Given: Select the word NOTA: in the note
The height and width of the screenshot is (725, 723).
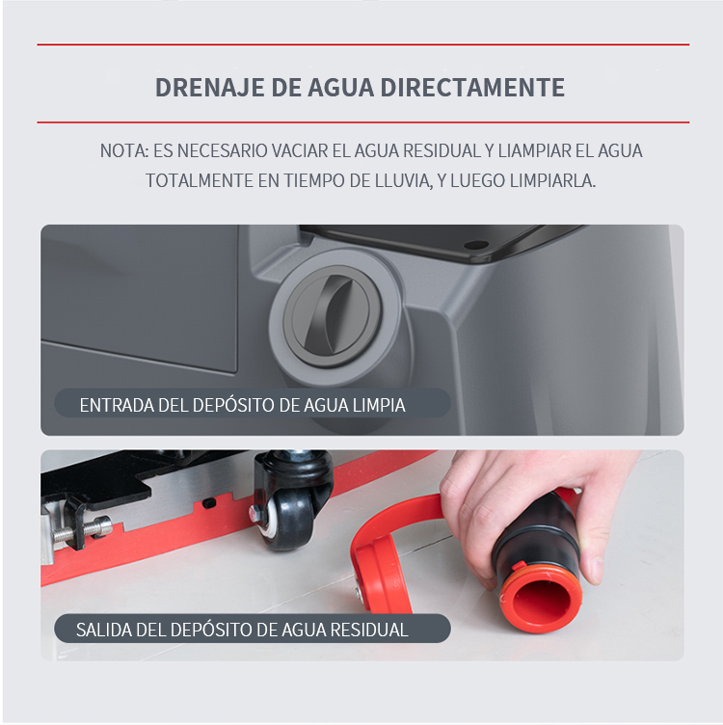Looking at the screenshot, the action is click(124, 150).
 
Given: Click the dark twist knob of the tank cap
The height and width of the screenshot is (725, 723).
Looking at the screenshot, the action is click(329, 316).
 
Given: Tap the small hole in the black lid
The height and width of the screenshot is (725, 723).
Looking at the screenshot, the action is click(476, 245).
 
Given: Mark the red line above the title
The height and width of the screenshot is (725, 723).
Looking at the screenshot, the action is click(362, 44).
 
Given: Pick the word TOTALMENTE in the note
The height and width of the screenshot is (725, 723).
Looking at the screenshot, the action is click(200, 181).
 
